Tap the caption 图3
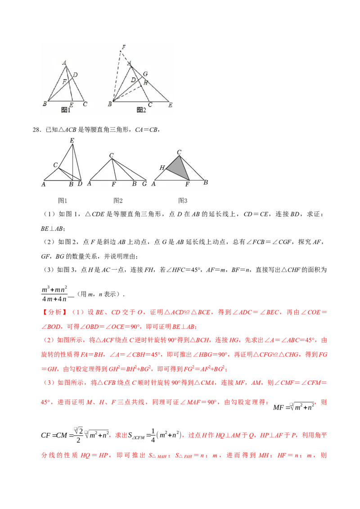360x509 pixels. pyautogui.click(x=182, y=201)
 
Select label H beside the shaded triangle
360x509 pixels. pyautogui.click(x=162, y=168)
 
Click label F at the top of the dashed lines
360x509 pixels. pyautogui.click(x=123, y=47)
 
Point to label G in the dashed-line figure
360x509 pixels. pyautogui.click(x=145, y=74)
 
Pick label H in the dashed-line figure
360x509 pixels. pyautogui.click(x=145, y=82)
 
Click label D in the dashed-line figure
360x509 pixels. pyautogui.click(x=133, y=80)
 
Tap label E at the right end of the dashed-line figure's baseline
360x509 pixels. pyautogui.click(x=170, y=105)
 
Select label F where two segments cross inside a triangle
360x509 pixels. pyautogui.click(x=65, y=82)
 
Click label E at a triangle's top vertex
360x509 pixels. pyautogui.click(x=72, y=141)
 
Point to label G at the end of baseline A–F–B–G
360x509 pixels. pyautogui.click(x=144, y=184)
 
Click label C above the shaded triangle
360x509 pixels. pyautogui.click(x=179, y=152)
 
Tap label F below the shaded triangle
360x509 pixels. pyautogui.click(x=188, y=184)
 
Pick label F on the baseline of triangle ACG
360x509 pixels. pyautogui.click(x=114, y=184)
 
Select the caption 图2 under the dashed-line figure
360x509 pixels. pyautogui.click(x=141, y=110)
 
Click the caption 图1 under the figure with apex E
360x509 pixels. pyautogui.click(x=63, y=201)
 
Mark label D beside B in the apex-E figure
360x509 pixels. pyautogui.click(x=80, y=184)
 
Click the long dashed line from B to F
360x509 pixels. pyautogui.click(x=117, y=76)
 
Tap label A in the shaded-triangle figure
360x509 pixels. pyautogui.click(x=154, y=184)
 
